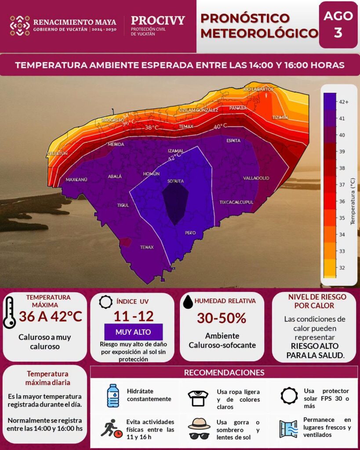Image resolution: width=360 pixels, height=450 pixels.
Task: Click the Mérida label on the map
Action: coord(116,144)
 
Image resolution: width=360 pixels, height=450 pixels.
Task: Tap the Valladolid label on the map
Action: coord(256,178)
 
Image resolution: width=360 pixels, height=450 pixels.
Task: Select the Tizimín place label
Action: coord(280,118)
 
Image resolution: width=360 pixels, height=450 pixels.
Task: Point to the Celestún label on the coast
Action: coord(58,153)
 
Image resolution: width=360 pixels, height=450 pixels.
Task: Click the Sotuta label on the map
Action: coord(175,181)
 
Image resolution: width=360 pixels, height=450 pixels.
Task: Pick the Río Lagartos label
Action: coord(258,89)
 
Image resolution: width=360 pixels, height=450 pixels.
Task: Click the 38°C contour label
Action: coord(152,127)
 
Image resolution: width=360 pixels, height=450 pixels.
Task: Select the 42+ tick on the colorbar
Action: coord(343,102)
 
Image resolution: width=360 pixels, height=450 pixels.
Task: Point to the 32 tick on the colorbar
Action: coord(342,268)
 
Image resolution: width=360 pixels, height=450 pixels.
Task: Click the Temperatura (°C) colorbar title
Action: coord(353,201)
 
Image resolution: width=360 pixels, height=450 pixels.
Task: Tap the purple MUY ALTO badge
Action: coord(133,332)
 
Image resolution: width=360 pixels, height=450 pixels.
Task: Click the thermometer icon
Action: coord(10,312)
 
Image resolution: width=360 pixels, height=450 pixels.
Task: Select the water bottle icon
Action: coord(113,396)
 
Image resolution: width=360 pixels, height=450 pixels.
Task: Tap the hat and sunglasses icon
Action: coord(199,428)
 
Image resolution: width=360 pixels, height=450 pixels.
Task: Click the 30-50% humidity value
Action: coord(222,318)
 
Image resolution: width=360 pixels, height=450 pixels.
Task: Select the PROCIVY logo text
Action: coord(158,21)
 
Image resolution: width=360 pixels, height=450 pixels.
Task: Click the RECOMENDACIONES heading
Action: coord(224,373)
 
